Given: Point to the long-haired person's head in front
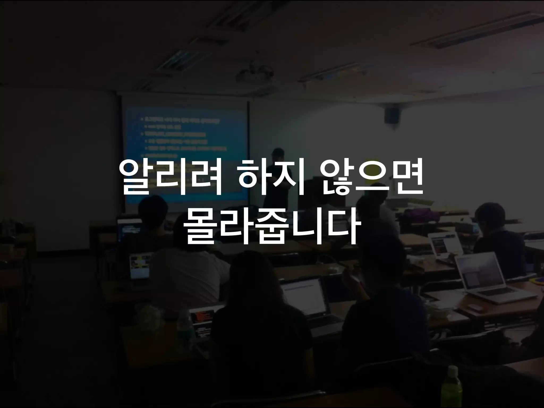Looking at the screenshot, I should (x=255, y=271).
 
